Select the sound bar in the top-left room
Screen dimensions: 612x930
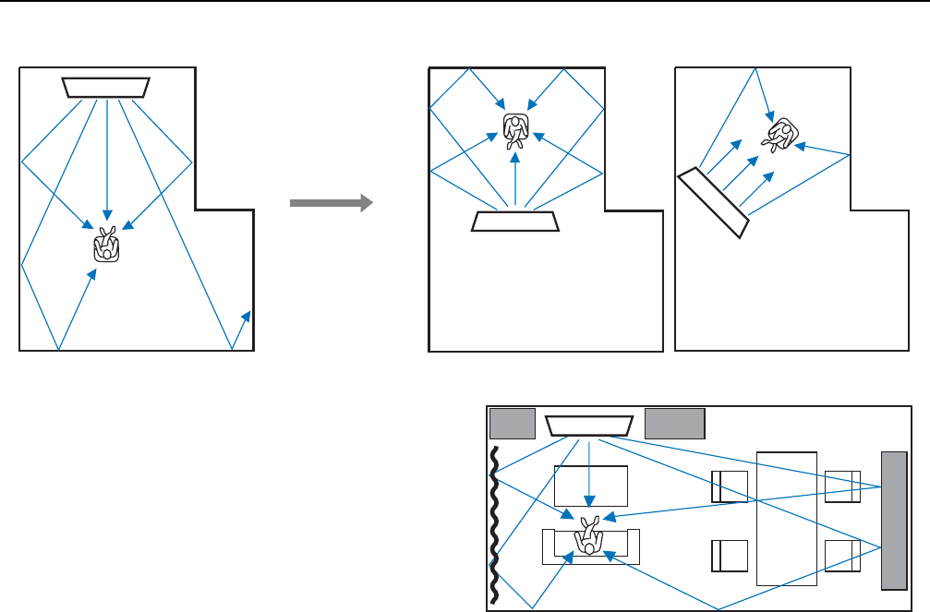click(107, 87)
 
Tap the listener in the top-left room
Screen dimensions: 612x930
click(106, 244)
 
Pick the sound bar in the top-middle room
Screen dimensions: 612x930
click(516, 222)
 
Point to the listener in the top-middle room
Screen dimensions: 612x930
click(515, 131)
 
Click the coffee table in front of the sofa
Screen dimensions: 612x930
click(590, 486)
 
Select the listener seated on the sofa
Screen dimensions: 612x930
click(589, 535)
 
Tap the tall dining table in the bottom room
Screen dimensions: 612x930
click(786, 518)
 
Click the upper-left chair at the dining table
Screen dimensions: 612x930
click(729, 486)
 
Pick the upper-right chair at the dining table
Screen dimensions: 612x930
click(843, 486)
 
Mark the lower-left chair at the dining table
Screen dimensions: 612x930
click(729, 556)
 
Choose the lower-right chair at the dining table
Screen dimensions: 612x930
click(843, 556)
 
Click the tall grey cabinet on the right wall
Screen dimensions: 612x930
click(894, 520)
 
